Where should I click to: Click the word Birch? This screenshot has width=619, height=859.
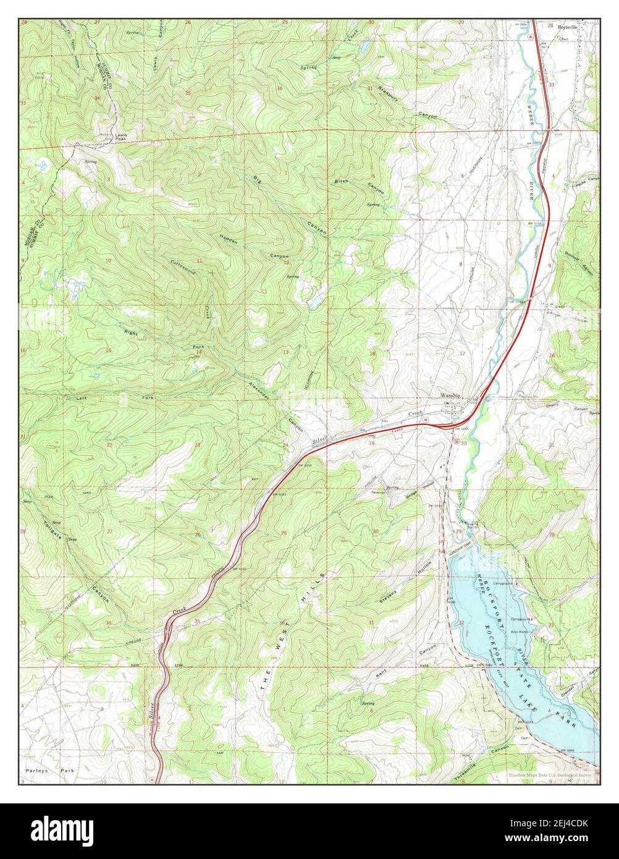point(342,181)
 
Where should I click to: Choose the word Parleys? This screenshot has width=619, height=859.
point(38,772)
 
